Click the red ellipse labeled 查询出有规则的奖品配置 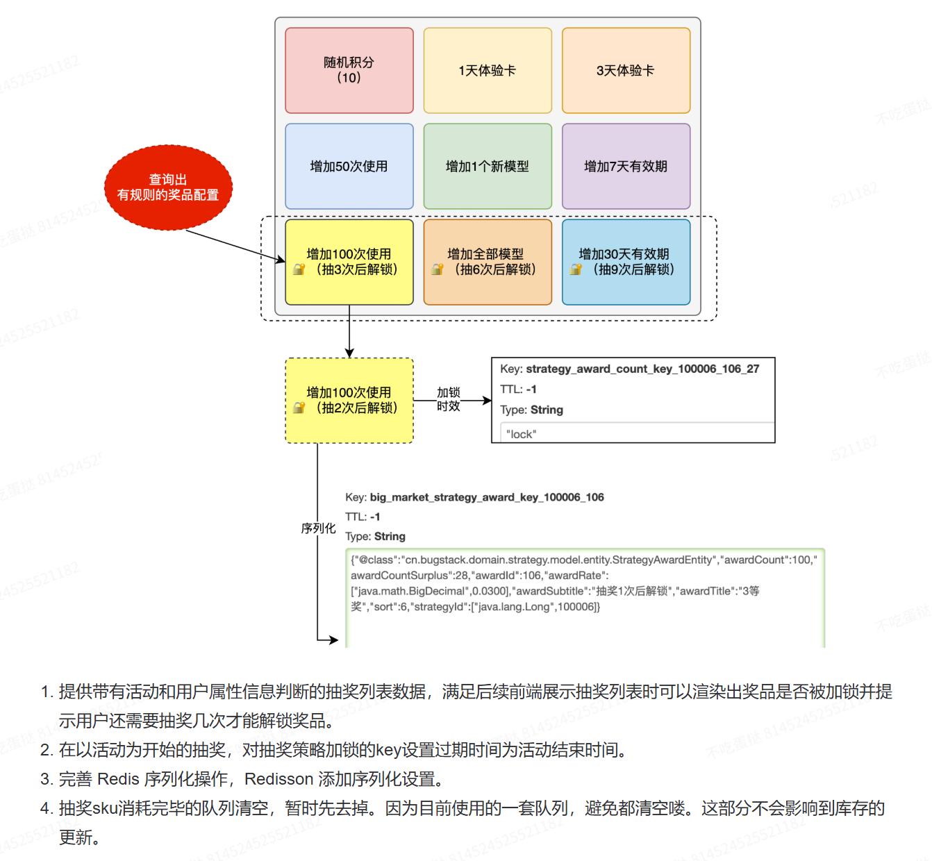[x=168, y=187]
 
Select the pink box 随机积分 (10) [x=349, y=70]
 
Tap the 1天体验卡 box [x=487, y=70]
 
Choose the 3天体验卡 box [x=626, y=70]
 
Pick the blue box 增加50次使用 [x=349, y=166]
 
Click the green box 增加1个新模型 [x=487, y=166]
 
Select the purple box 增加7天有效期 [x=626, y=166]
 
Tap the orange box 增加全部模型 [x=487, y=262]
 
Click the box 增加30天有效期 [x=626, y=262]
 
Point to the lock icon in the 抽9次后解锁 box [x=576, y=269]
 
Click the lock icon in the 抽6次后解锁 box [x=438, y=269]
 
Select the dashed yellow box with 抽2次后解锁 [x=349, y=400]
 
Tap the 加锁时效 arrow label [x=448, y=399]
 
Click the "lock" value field [x=637, y=433]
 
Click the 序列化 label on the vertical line [x=318, y=528]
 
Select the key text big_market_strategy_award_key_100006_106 [x=487, y=497]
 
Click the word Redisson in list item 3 [x=278, y=779]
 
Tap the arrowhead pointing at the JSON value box [x=333, y=640]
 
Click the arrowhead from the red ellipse [x=281, y=260]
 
